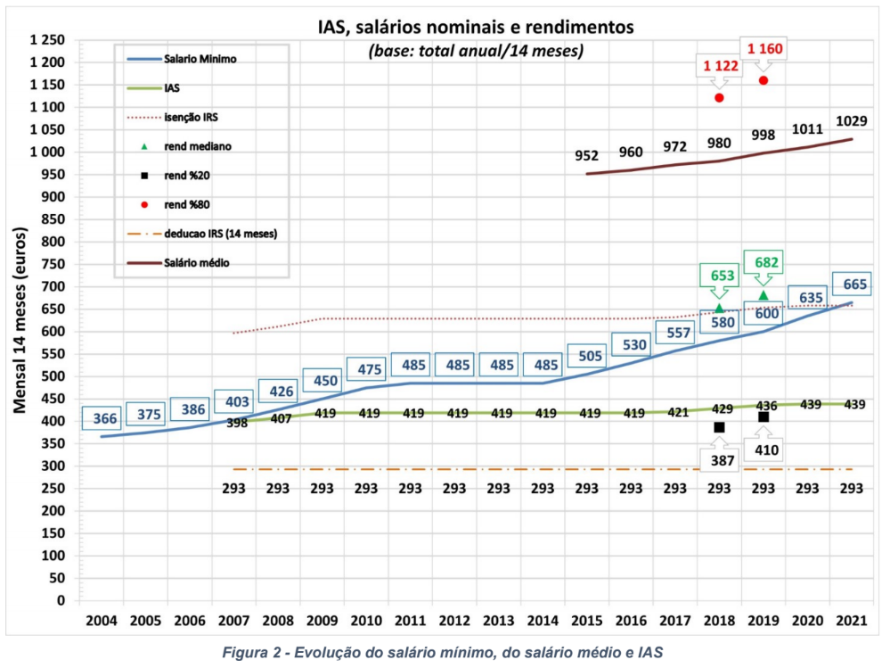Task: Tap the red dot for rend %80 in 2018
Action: [x=719, y=97]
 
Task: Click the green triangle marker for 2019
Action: [x=763, y=295]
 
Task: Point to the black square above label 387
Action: [x=719, y=427]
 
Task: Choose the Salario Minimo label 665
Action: [x=852, y=285]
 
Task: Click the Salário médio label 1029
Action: [x=852, y=120]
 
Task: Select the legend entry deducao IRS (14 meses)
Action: [x=218, y=234]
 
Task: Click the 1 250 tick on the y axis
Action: [x=46, y=40]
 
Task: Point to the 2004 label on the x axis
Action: [x=101, y=620]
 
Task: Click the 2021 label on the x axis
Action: [x=852, y=620]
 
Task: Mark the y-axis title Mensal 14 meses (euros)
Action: [x=19, y=320]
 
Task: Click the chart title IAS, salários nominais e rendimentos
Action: [x=476, y=27]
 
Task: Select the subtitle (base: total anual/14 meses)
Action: [x=476, y=51]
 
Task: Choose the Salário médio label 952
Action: [x=586, y=155]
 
